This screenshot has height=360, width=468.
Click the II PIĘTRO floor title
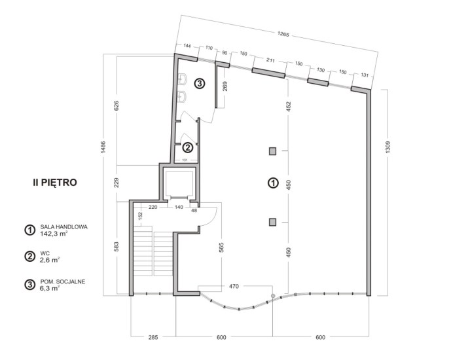pyautogui.click(x=55, y=183)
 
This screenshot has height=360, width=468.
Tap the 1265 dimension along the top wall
pyautogui.click(x=283, y=34)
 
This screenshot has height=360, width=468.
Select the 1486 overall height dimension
pyautogui.click(x=103, y=147)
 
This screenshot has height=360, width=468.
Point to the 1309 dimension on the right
pyautogui.click(x=387, y=147)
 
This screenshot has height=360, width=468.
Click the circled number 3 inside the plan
pyautogui.click(x=200, y=84)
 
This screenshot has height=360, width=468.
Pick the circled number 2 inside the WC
pyautogui.click(x=187, y=147)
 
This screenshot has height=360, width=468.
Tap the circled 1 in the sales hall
pyautogui.click(x=273, y=183)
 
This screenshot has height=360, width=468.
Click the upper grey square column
pyautogui.click(x=272, y=151)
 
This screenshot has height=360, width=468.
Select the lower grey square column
pyautogui.click(x=272, y=222)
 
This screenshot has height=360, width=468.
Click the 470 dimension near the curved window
pyautogui.click(x=234, y=287)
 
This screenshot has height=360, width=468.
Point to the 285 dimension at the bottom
pyautogui.click(x=153, y=337)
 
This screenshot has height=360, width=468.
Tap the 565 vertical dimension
pyautogui.click(x=221, y=247)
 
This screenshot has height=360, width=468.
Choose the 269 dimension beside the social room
pyautogui.click(x=225, y=86)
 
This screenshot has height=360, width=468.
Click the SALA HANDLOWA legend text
pyautogui.click(x=64, y=227)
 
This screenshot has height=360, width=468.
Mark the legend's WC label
pyautogui.click(x=45, y=253)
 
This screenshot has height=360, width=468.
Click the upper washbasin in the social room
pyautogui.click(x=183, y=79)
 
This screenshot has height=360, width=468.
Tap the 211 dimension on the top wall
pyautogui.click(x=270, y=60)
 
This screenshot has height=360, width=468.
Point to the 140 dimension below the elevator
pyautogui.click(x=179, y=207)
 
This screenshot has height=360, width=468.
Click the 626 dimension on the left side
pyautogui.click(x=117, y=105)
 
